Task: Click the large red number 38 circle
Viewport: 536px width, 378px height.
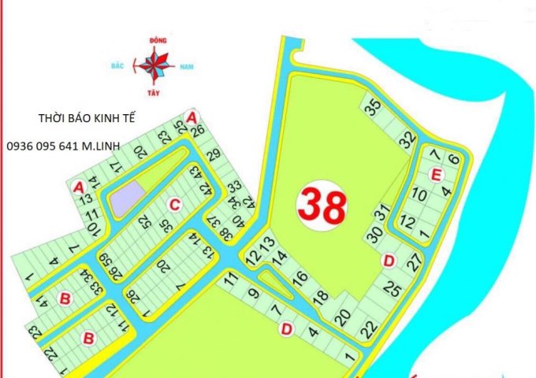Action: click(322, 206)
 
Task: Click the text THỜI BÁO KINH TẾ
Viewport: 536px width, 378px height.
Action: click(87, 119)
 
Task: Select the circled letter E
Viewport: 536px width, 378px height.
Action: click(435, 174)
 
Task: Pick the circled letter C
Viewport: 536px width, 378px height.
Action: click(174, 205)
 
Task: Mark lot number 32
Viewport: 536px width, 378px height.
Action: click(407, 140)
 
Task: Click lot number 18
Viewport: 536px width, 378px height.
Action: click(320, 296)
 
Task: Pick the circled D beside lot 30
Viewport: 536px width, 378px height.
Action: click(387, 260)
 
